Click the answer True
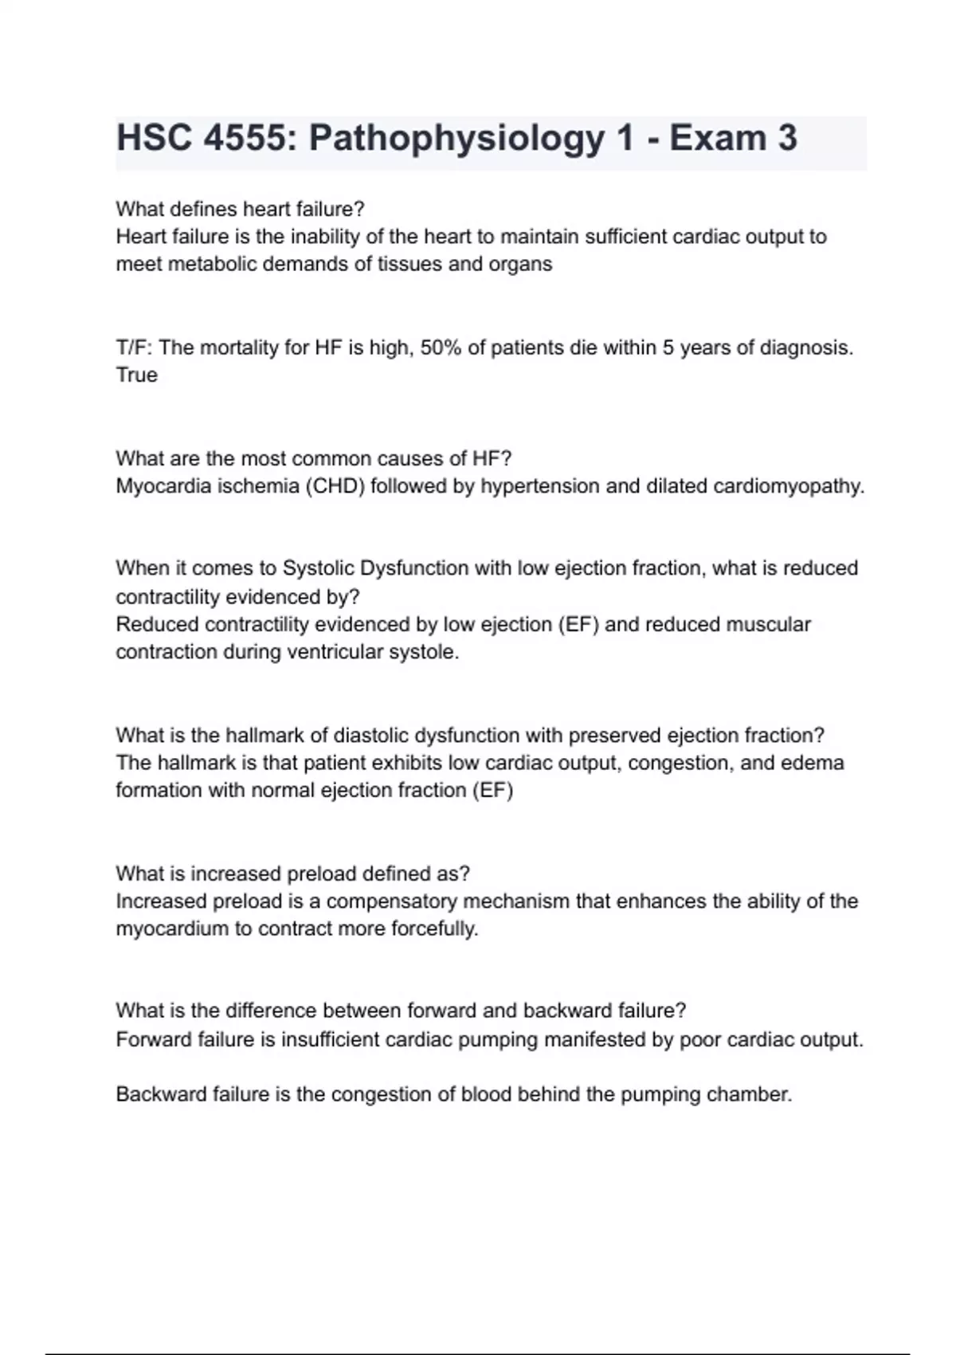point(136,375)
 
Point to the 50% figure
point(441,348)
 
